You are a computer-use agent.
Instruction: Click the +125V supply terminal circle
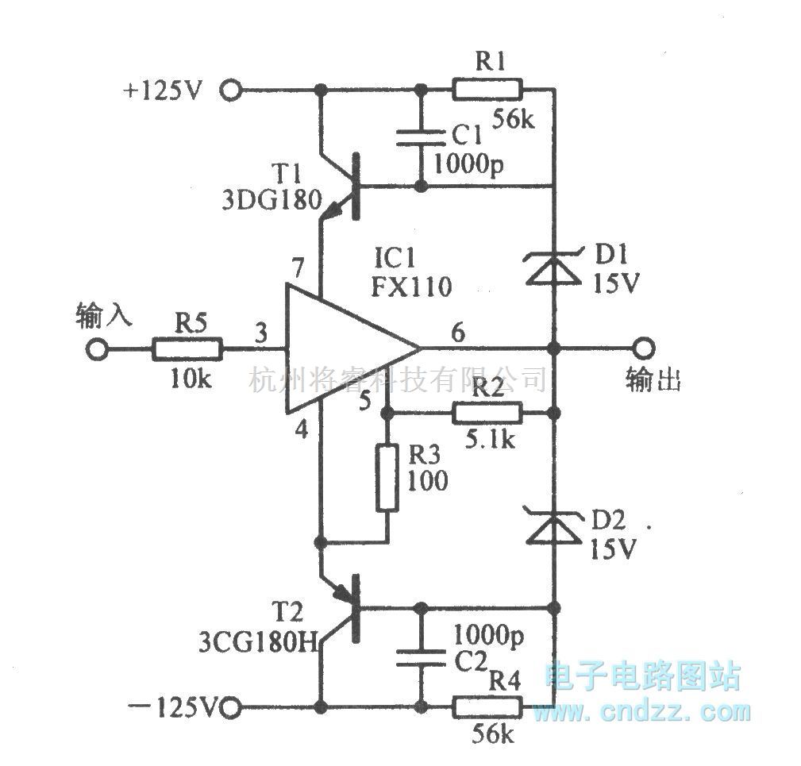click(x=231, y=90)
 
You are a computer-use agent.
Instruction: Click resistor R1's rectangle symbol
click(x=487, y=89)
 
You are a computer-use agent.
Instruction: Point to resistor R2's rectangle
click(x=487, y=413)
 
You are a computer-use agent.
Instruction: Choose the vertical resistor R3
click(x=387, y=479)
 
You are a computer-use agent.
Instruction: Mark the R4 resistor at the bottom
click(x=487, y=706)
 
